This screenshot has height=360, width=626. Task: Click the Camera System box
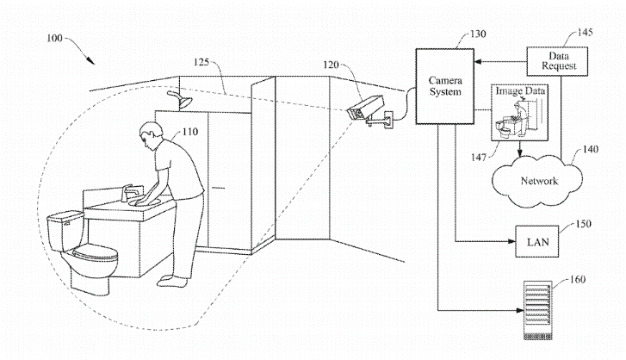(x=445, y=87)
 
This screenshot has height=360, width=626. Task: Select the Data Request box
(x=557, y=61)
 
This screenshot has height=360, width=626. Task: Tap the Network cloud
(x=537, y=181)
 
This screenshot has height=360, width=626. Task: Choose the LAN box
(x=537, y=241)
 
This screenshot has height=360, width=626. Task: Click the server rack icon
(x=538, y=310)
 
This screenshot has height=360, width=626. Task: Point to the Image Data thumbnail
(x=519, y=112)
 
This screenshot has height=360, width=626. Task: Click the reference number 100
(x=55, y=38)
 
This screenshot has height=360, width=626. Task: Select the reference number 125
(x=201, y=62)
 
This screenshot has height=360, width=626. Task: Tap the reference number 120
(x=331, y=65)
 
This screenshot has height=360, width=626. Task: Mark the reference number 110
(x=190, y=132)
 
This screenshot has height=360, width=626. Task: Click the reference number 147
(x=478, y=158)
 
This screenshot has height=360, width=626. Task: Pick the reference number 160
(x=577, y=279)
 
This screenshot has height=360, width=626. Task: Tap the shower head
(x=181, y=99)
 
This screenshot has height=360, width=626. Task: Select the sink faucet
(x=132, y=193)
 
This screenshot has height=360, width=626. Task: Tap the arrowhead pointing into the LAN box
(x=511, y=241)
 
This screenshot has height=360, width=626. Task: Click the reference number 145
(x=586, y=33)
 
